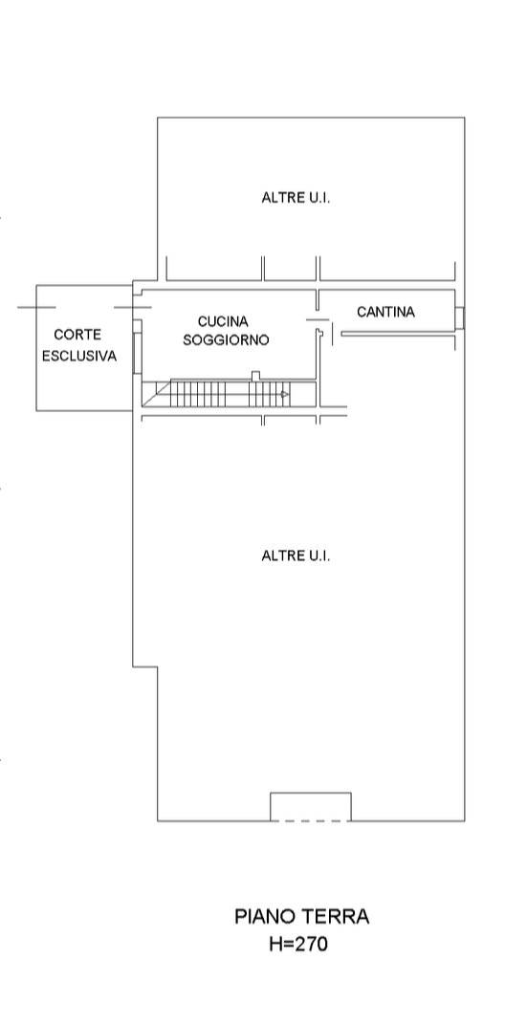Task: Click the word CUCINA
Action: [223, 321]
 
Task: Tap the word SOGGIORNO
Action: [226, 340]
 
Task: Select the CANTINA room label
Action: [385, 312]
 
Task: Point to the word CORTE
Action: [77, 335]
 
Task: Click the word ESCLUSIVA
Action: [79, 357]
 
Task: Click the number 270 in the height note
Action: [311, 944]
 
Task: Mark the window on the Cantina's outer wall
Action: [460, 317]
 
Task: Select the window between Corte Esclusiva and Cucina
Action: [136, 353]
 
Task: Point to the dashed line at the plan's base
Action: [310, 821]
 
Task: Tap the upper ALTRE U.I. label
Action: [296, 197]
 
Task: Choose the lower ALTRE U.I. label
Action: [296, 556]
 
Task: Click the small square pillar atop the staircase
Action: [255, 376]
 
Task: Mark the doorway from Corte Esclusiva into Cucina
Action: [136, 307]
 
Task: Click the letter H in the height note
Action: [275, 944]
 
